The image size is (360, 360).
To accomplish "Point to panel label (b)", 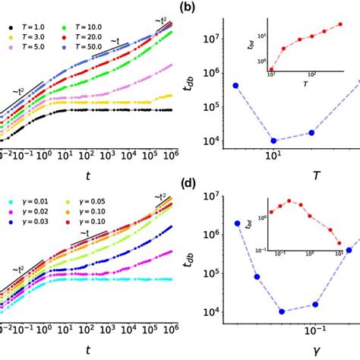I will (x=189, y=8).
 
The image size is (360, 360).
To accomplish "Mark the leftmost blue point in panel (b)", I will (x=235, y=85).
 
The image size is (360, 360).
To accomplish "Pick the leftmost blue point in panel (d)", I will (x=238, y=223).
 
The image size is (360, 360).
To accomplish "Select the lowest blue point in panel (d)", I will (x=282, y=311).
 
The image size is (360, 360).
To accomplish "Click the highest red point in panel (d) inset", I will (x=289, y=201).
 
